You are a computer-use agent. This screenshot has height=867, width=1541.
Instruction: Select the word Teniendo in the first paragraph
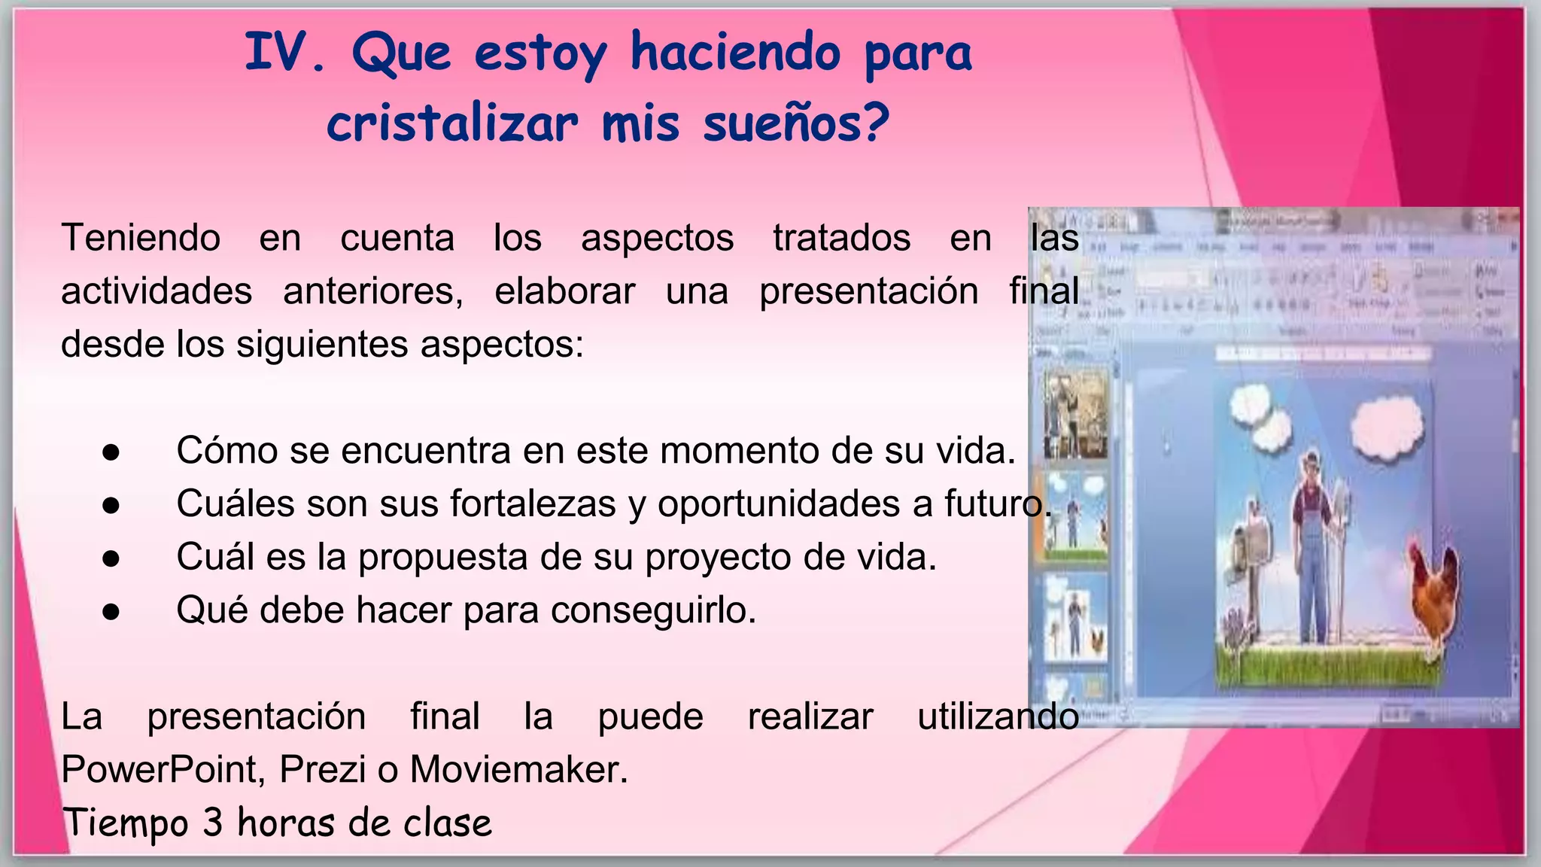tap(141, 239)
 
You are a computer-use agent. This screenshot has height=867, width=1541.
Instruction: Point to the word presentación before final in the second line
tap(868, 292)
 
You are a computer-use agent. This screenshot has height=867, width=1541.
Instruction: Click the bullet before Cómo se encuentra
tap(111, 452)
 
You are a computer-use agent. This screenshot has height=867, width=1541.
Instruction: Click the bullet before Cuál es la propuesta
tap(111, 558)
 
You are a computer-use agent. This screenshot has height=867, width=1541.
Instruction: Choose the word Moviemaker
tap(518, 770)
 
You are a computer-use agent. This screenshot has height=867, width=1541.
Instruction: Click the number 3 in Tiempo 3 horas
tap(213, 823)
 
